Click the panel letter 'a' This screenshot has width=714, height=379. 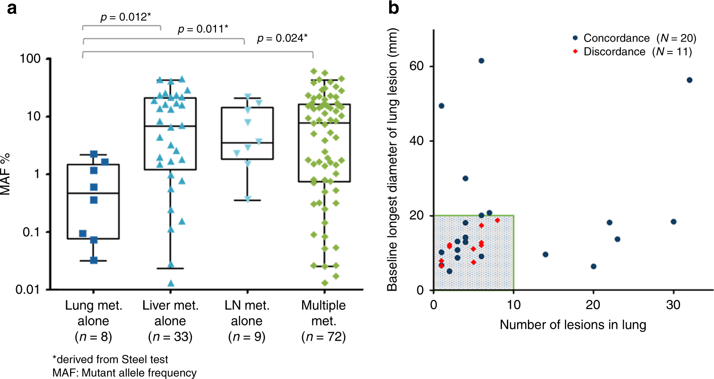[x=12, y=8]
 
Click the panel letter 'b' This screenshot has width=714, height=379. [x=393, y=8]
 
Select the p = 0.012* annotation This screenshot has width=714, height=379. [x=125, y=17]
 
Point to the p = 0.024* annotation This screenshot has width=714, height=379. [x=282, y=38]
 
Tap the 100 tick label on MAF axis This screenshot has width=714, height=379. [x=30, y=59]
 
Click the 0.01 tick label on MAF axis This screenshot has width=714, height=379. [x=28, y=290]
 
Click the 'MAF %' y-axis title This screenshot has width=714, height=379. [x=5, y=174]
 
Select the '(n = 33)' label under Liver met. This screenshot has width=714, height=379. [x=170, y=337]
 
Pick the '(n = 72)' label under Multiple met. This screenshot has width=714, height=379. [x=324, y=337]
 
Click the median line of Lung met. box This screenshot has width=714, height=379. [x=93, y=193]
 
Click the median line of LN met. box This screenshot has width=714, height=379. [x=247, y=143]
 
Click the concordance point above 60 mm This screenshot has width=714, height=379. [x=481, y=61]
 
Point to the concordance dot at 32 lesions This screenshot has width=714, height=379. [x=689, y=80]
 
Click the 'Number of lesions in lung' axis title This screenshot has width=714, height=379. [x=573, y=325]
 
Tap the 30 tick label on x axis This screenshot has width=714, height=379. [x=673, y=305]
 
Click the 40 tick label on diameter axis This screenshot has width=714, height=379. [x=416, y=141]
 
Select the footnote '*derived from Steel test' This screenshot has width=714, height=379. [x=110, y=359]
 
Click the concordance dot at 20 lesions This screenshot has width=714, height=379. [x=594, y=266]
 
